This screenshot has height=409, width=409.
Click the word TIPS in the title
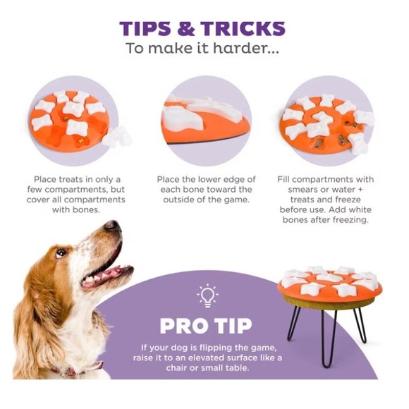[x=145, y=28]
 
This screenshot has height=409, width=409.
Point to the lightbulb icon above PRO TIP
[x=207, y=295]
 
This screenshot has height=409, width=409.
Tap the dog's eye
[x=61, y=252]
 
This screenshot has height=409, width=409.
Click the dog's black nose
[x=112, y=226]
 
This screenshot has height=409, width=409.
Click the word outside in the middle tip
[x=179, y=200]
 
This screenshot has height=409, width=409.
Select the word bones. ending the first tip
[x=87, y=210]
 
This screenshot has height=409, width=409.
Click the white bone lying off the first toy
[x=117, y=137]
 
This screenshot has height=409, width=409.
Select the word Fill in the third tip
[x=283, y=179]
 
